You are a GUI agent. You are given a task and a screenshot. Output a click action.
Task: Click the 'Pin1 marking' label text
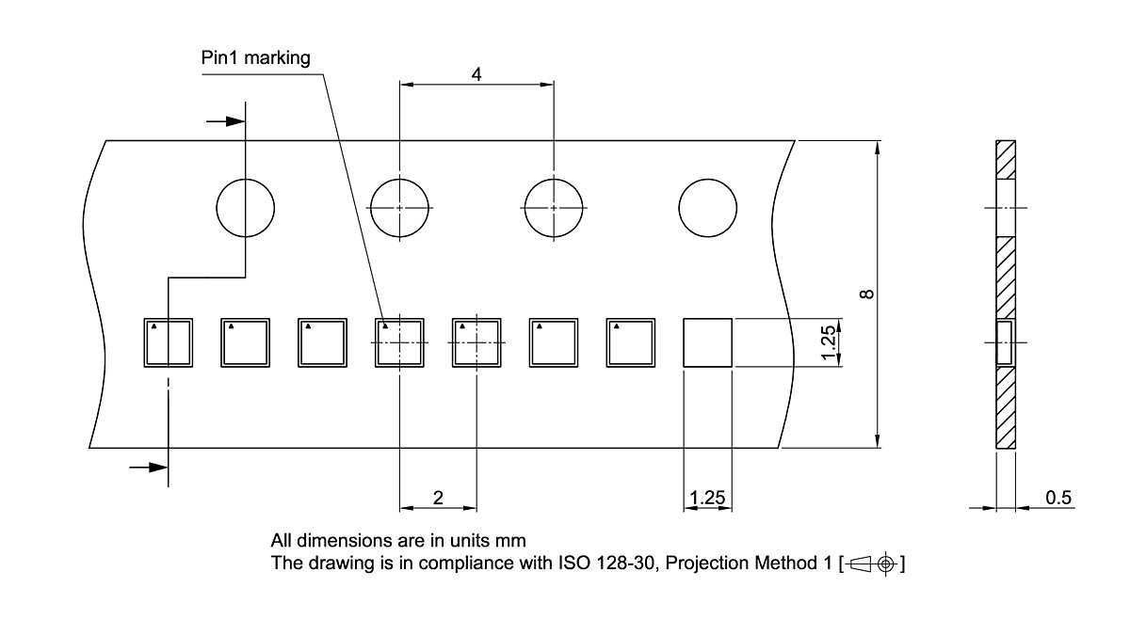tap(255, 58)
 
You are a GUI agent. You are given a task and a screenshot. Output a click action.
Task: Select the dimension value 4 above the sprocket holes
tap(476, 74)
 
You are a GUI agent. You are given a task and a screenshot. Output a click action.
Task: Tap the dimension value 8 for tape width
tap(866, 294)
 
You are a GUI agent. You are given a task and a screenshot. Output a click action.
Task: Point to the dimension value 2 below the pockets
tap(438, 498)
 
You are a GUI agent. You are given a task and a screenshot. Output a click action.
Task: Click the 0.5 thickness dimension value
tap(1057, 498)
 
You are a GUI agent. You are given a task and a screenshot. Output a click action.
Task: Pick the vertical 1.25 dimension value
tap(829, 342)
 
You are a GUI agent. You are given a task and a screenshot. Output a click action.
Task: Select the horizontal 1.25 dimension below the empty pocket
tap(707, 498)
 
